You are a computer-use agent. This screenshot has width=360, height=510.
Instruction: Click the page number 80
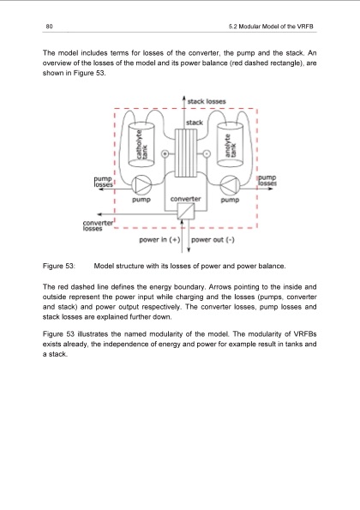(x=51, y=27)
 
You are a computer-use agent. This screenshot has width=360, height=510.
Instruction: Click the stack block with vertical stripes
(x=185, y=152)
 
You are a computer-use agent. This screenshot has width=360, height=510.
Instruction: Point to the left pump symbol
(x=141, y=183)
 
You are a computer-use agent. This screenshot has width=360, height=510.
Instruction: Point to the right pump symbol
(x=229, y=183)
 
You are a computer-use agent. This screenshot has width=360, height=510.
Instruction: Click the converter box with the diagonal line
(x=185, y=213)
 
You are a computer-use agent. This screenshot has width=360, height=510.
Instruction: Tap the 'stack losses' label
(x=207, y=101)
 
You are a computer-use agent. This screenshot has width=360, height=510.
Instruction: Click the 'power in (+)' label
(x=159, y=240)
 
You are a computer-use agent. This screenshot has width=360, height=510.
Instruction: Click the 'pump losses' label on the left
(x=109, y=181)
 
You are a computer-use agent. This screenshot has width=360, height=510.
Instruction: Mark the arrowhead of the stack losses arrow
(x=185, y=97)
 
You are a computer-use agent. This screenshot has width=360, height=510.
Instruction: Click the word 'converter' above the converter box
(x=186, y=197)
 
